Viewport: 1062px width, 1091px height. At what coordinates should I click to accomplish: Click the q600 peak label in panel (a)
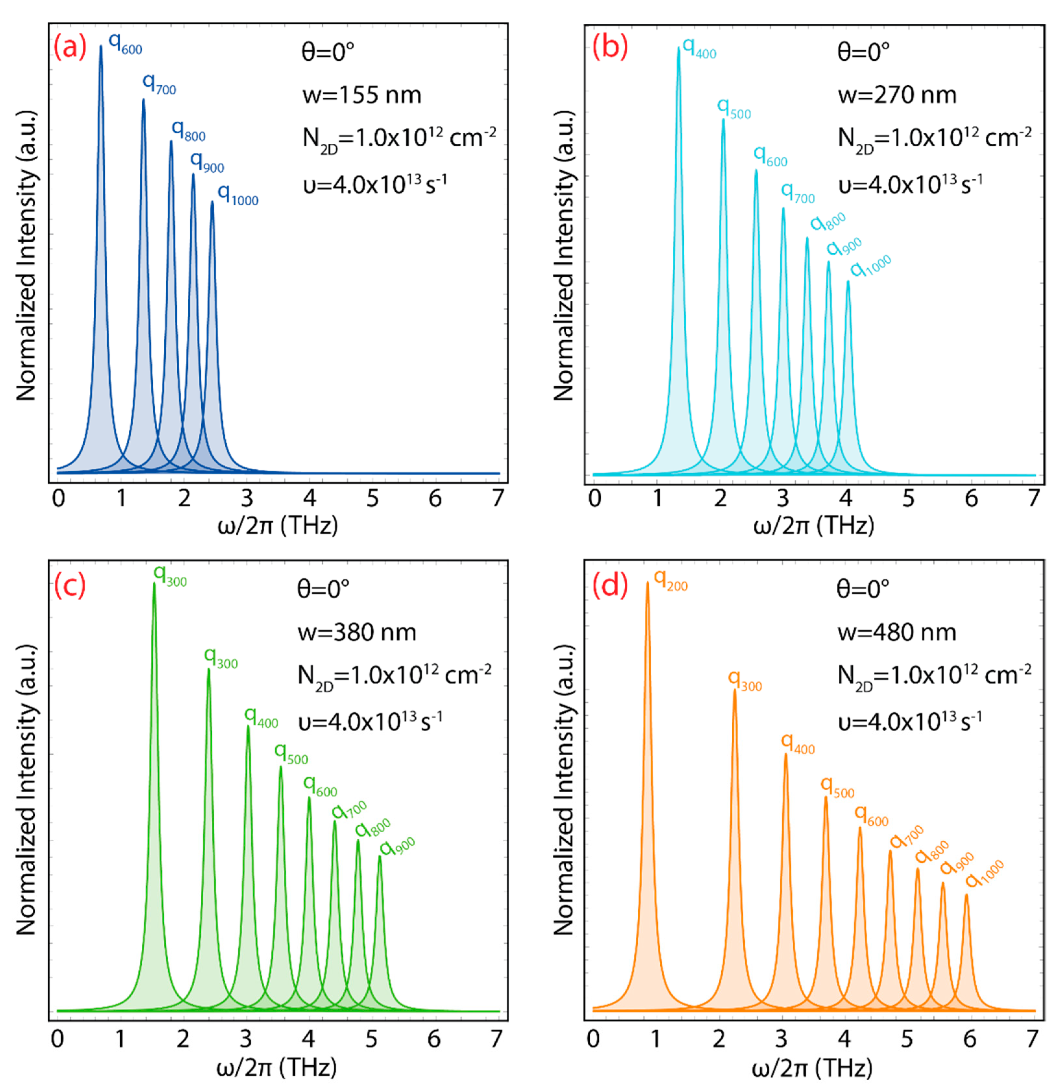[x=125, y=43]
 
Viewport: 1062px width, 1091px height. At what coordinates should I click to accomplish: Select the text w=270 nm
[x=897, y=95]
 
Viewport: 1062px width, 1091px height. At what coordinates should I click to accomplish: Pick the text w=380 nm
[x=357, y=632]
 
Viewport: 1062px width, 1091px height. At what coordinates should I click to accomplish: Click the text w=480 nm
[x=896, y=632]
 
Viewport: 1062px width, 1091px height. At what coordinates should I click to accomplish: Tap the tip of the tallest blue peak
[x=101, y=46]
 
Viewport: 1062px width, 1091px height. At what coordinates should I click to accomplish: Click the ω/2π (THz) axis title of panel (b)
[x=813, y=525]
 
